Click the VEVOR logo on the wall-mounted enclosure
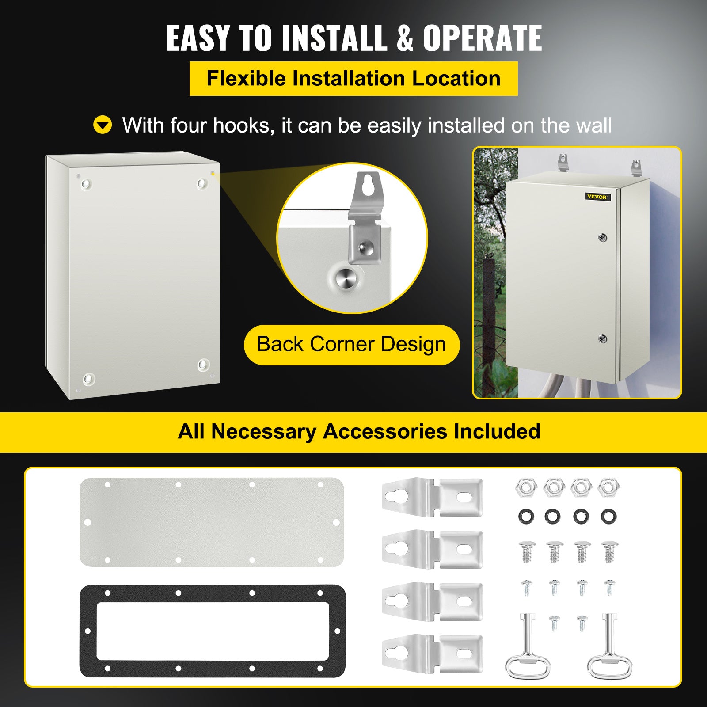pyautogui.click(x=597, y=197)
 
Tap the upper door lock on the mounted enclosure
pyautogui.click(x=603, y=238)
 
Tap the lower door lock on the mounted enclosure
pyautogui.click(x=602, y=339)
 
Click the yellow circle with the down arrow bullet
pyautogui.click(x=103, y=125)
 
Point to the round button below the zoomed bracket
pyautogui.click(x=344, y=279)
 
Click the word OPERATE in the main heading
pyautogui.click(x=482, y=38)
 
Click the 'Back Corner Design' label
pyautogui.click(x=352, y=345)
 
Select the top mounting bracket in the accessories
pyautogui.click(x=432, y=498)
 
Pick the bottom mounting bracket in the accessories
pyautogui.click(x=432, y=654)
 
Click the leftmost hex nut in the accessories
pyautogui.click(x=526, y=487)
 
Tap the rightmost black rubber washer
pyautogui.click(x=608, y=516)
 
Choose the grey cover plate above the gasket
pyautogui.click(x=212, y=522)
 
